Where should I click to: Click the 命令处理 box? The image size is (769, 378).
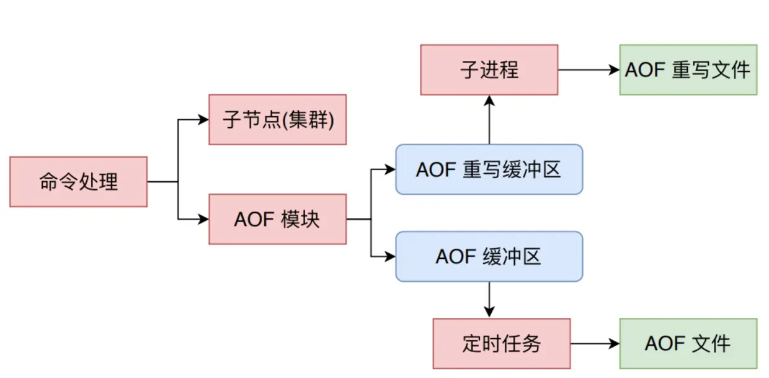point(78,182)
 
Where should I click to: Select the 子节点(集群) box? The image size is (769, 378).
point(277,120)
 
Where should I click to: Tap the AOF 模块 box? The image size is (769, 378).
point(277,219)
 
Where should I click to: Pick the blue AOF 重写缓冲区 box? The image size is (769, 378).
point(489,169)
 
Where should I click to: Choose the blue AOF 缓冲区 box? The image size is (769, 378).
point(489,256)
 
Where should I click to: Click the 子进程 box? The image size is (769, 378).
point(489,70)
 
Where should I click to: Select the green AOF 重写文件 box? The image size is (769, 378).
point(688,70)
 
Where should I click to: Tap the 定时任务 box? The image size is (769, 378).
point(501,343)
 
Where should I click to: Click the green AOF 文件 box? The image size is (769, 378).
point(688,343)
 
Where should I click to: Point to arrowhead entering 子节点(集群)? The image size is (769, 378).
point(204,120)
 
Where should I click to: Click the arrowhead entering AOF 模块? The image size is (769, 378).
point(204,219)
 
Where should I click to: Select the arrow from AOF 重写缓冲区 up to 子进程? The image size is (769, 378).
point(489,121)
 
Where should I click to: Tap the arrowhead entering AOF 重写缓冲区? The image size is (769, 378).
point(391,169)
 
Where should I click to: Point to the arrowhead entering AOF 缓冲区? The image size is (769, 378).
point(391,256)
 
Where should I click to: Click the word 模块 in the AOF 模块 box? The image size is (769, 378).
point(300,219)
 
